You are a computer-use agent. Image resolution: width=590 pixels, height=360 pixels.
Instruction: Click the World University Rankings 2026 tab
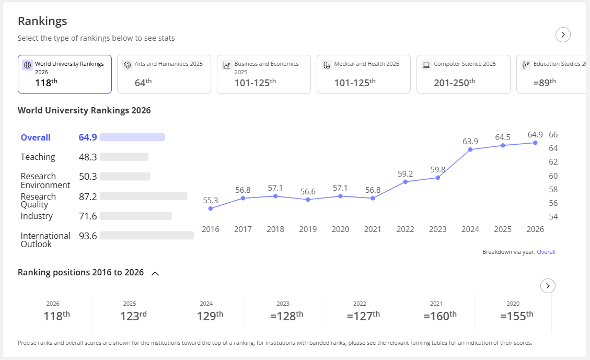pos(65,74)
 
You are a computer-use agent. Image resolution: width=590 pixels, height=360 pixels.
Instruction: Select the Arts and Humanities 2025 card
pos(164,74)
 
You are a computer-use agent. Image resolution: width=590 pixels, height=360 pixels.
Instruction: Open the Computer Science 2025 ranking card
pos(463,74)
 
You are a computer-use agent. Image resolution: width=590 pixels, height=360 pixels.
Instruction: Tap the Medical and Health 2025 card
pos(364,74)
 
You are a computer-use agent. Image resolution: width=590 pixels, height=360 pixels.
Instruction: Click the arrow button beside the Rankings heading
pos(563,34)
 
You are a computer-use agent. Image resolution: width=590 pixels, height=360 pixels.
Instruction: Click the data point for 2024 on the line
pos(470,150)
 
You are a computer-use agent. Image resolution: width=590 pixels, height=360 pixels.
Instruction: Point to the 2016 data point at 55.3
pos(210,208)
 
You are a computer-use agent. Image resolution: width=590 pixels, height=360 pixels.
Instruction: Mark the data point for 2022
pos(405,182)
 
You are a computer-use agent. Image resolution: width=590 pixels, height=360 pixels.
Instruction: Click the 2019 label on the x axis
pos(308,229)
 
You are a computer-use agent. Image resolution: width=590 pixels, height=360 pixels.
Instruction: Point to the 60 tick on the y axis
pos(553,176)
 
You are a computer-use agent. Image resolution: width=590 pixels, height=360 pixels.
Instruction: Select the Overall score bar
pos(132,137)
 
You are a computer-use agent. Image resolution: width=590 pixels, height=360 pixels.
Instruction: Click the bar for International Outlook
pos(147,236)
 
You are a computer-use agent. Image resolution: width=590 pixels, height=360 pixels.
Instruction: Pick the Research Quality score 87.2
pos(88,196)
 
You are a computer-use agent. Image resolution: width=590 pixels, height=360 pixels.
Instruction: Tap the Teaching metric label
pos(38,157)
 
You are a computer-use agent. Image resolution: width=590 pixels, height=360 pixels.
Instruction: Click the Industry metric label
pos(37,216)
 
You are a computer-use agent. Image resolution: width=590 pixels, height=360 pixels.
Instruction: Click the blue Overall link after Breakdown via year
pos(546,252)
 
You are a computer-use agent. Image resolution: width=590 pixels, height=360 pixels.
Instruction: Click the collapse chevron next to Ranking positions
pos(155,273)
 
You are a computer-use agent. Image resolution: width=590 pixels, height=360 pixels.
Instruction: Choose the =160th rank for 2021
pos(440,316)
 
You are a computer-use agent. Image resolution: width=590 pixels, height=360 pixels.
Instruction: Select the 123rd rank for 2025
pos(133,316)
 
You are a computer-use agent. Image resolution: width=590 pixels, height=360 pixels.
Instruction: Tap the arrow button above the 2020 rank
pos(548,286)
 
